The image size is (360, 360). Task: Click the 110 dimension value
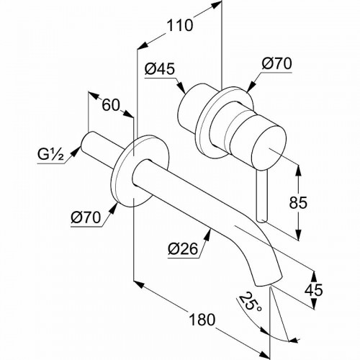[179, 26]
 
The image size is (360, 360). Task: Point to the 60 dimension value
[110, 106]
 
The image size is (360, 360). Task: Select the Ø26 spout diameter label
[181, 248]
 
